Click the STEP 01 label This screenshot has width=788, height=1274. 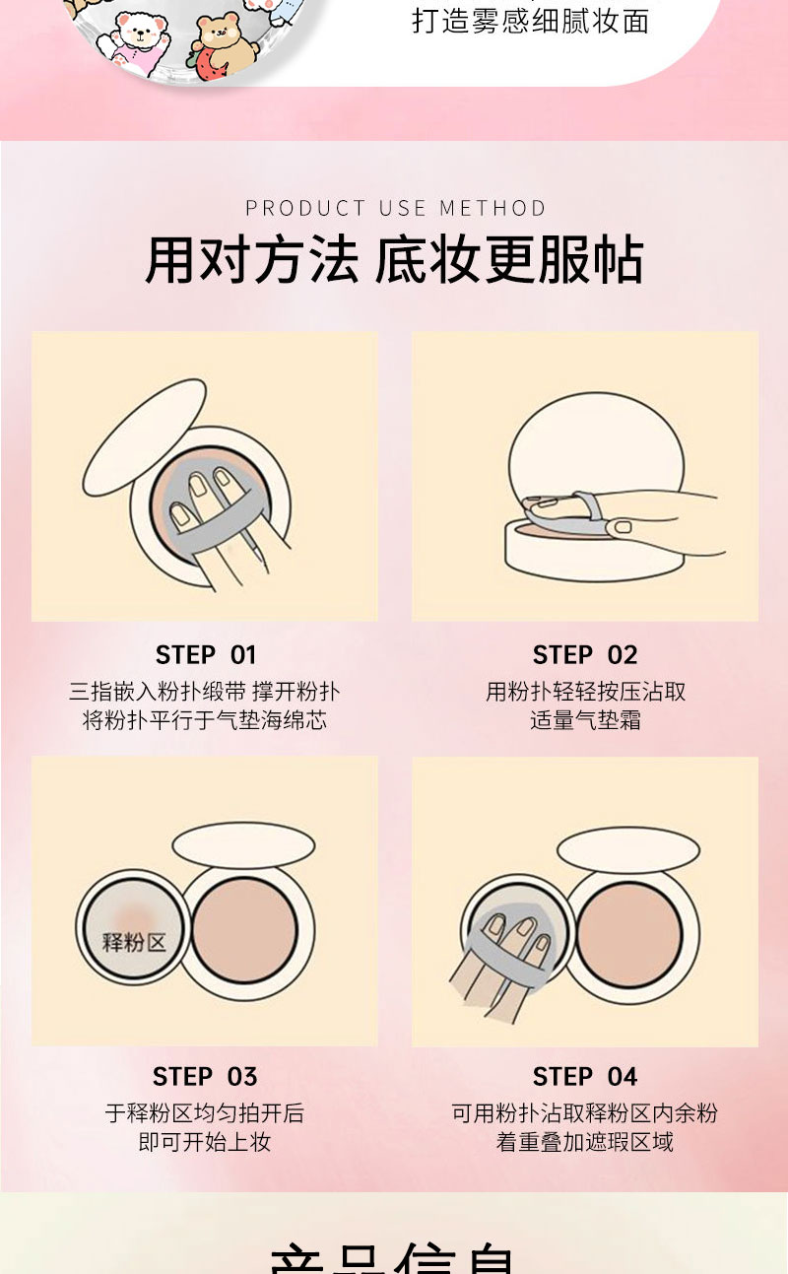tap(205, 655)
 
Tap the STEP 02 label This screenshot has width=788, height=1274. tap(585, 655)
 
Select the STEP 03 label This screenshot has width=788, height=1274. tap(205, 1076)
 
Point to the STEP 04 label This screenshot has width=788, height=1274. tap(585, 1076)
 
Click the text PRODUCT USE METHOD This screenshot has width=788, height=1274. tap(395, 208)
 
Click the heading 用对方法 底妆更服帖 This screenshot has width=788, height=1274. tap(394, 261)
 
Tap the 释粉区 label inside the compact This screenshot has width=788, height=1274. tap(134, 941)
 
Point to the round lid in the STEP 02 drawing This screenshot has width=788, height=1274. tap(596, 443)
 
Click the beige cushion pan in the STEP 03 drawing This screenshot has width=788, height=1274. tap(244, 930)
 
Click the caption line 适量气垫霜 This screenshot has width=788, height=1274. tap(585, 720)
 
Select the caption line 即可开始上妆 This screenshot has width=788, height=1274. tap(205, 1142)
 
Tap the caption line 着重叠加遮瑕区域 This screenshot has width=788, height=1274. tap(585, 1142)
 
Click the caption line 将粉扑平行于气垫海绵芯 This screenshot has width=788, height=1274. tap(205, 720)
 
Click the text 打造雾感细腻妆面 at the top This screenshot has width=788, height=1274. tap(530, 21)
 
